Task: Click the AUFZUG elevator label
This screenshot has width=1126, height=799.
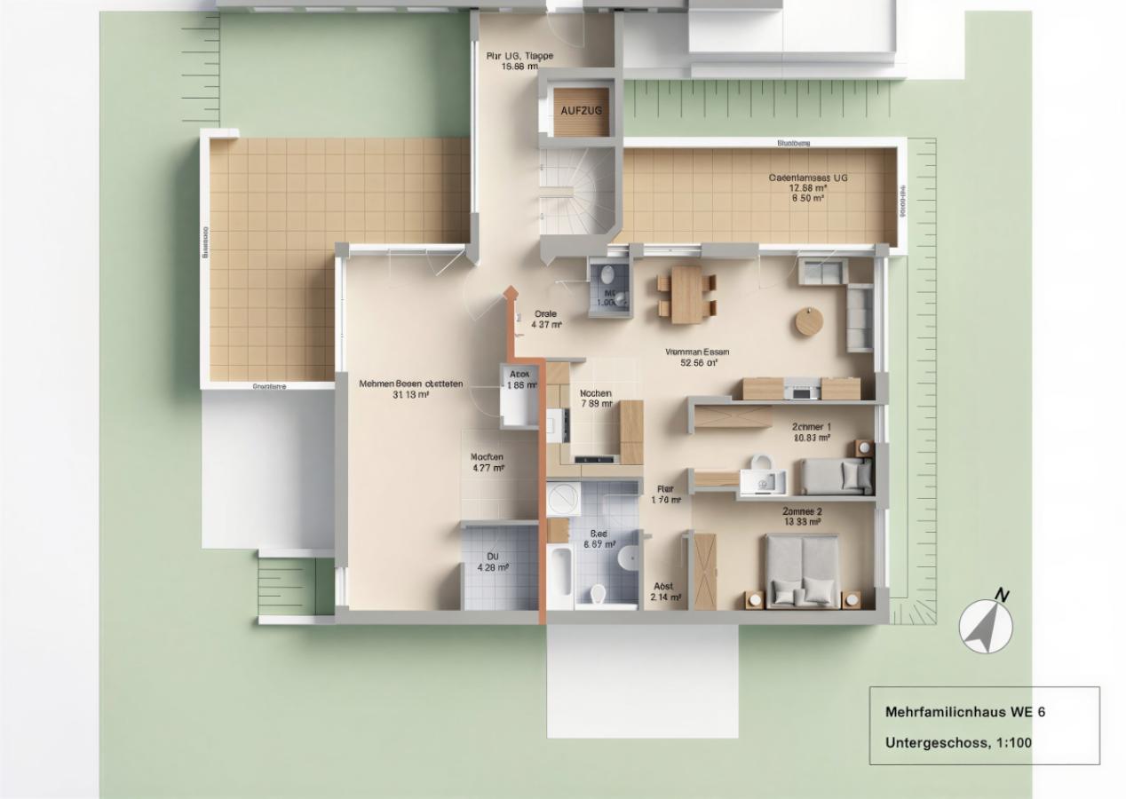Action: pyautogui.click(x=582, y=110)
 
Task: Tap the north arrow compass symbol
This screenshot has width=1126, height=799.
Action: pyautogui.click(x=986, y=626)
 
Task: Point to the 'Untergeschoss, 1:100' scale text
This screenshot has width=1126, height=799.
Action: pyautogui.click(x=958, y=743)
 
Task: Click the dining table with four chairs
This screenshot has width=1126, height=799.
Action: pyautogui.click(x=686, y=295)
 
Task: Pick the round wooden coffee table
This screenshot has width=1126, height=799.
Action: pyautogui.click(x=809, y=321)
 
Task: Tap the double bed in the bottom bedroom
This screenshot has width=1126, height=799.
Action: pyautogui.click(x=803, y=573)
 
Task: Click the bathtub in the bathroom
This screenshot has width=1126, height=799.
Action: pyautogui.click(x=559, y=574)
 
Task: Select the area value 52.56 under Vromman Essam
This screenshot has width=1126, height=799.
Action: pyautogui.click(x=697, y=362)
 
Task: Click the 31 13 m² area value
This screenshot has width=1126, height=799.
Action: pyautogui.click(x=410, y=395)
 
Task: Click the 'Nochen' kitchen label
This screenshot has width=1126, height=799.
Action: pyautogui.click(x=594, y=393)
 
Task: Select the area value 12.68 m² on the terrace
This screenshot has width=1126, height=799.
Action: pyautogui.click(x=807, y=188)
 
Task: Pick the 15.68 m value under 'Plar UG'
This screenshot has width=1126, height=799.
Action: pyautogui.click(x=519, y=67)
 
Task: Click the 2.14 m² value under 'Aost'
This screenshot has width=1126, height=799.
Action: pyautogui.click(x=665, y=597)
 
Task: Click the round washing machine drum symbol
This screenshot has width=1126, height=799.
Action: pyautogui.click(x=562, y=501)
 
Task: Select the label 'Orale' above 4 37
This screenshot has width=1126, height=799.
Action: pyautogui.click(x=545, y=314)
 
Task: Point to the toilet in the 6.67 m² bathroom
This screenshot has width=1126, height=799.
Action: pyautogui.click(x=599, y=592)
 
